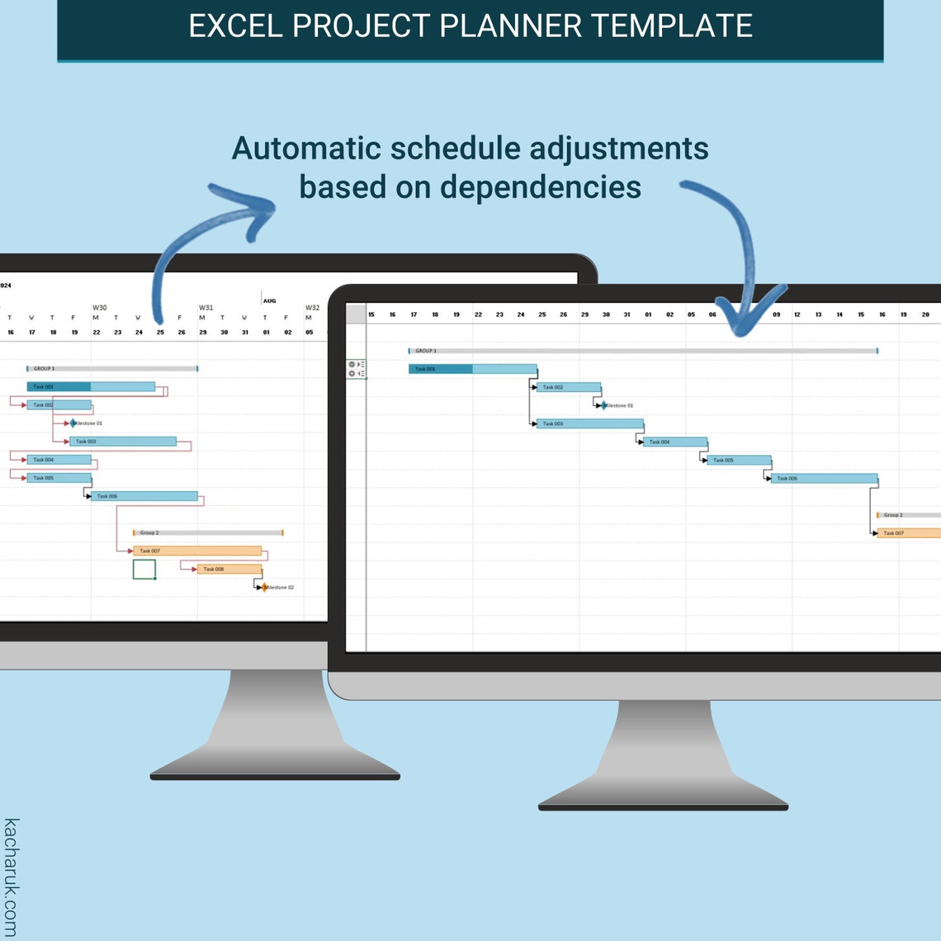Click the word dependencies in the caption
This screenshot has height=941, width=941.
coord(541,187)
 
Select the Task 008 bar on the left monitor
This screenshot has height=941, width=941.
coord(229,569)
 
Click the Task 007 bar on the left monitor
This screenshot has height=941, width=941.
coord(197,551)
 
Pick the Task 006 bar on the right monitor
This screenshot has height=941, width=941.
coord(825,479)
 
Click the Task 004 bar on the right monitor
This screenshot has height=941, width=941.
coord(675,442)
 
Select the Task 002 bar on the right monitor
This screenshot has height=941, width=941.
coord(568,387)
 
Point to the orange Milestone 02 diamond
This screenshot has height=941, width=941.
coord(264,588)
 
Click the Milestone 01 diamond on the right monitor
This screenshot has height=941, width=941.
coord(603,405)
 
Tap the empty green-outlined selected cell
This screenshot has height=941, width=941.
coord(144,570)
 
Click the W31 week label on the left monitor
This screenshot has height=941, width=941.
coord(206,308)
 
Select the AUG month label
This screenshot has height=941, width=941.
coord(269,301)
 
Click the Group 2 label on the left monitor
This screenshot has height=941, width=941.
coord(149,533)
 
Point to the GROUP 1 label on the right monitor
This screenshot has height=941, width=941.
coord(425,351)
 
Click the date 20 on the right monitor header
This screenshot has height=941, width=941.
coord(925,314)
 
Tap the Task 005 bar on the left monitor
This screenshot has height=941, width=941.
coord(59,478)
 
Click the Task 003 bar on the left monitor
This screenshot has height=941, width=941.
coord(123,442)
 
